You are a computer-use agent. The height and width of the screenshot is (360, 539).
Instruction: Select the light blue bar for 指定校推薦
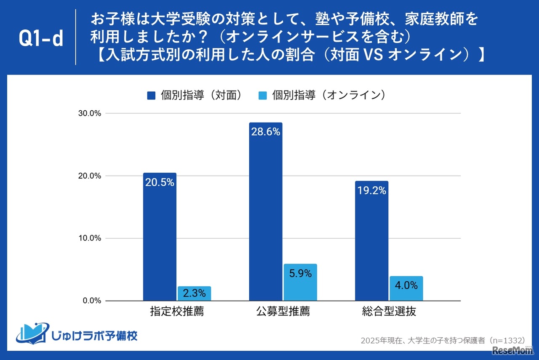pyautogui.click(x=194, y=293)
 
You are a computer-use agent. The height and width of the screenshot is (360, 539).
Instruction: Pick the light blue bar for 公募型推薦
pyautogui.click(x=300, y=282)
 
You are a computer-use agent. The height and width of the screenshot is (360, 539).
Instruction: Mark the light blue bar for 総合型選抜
pyautogui.click(x=406, y=288)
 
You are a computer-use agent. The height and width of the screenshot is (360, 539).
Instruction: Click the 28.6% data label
pyautogui.click(x=266, y=132)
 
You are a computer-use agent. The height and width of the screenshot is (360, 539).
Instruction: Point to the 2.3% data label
pyautogui.click(x=194, y=293)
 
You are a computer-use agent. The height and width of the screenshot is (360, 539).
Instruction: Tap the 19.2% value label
pyautogui.click(x=371, y=190)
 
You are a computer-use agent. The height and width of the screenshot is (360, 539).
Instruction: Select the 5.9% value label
pyautogui.click(x=300, y=274)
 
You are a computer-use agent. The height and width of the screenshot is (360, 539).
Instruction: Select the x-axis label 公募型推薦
pyautogui.click(x=283, y=312)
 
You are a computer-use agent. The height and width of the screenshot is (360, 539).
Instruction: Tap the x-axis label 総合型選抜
pyautogui.click(x=389, y=312)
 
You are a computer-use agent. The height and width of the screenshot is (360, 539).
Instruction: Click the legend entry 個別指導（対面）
pyautogui.click(x=196, y=96)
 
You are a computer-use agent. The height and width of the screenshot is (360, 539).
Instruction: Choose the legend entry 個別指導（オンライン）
pyautogui.click(x=322, y=96)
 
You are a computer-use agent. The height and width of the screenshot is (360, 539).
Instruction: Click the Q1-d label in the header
pyautogui.click(x=41, y=39)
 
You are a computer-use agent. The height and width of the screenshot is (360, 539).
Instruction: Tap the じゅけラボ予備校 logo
pyautogui.click(x=77, y=333)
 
